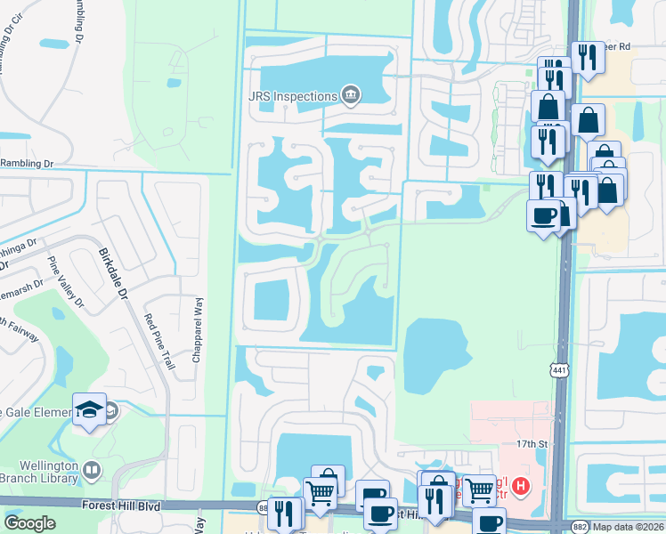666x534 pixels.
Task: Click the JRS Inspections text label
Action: coord(291,96)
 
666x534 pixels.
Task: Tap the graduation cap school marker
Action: coord(89,408)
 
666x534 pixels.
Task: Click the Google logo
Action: coord(29,523)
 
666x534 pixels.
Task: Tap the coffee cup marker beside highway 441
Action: coord(543,214)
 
